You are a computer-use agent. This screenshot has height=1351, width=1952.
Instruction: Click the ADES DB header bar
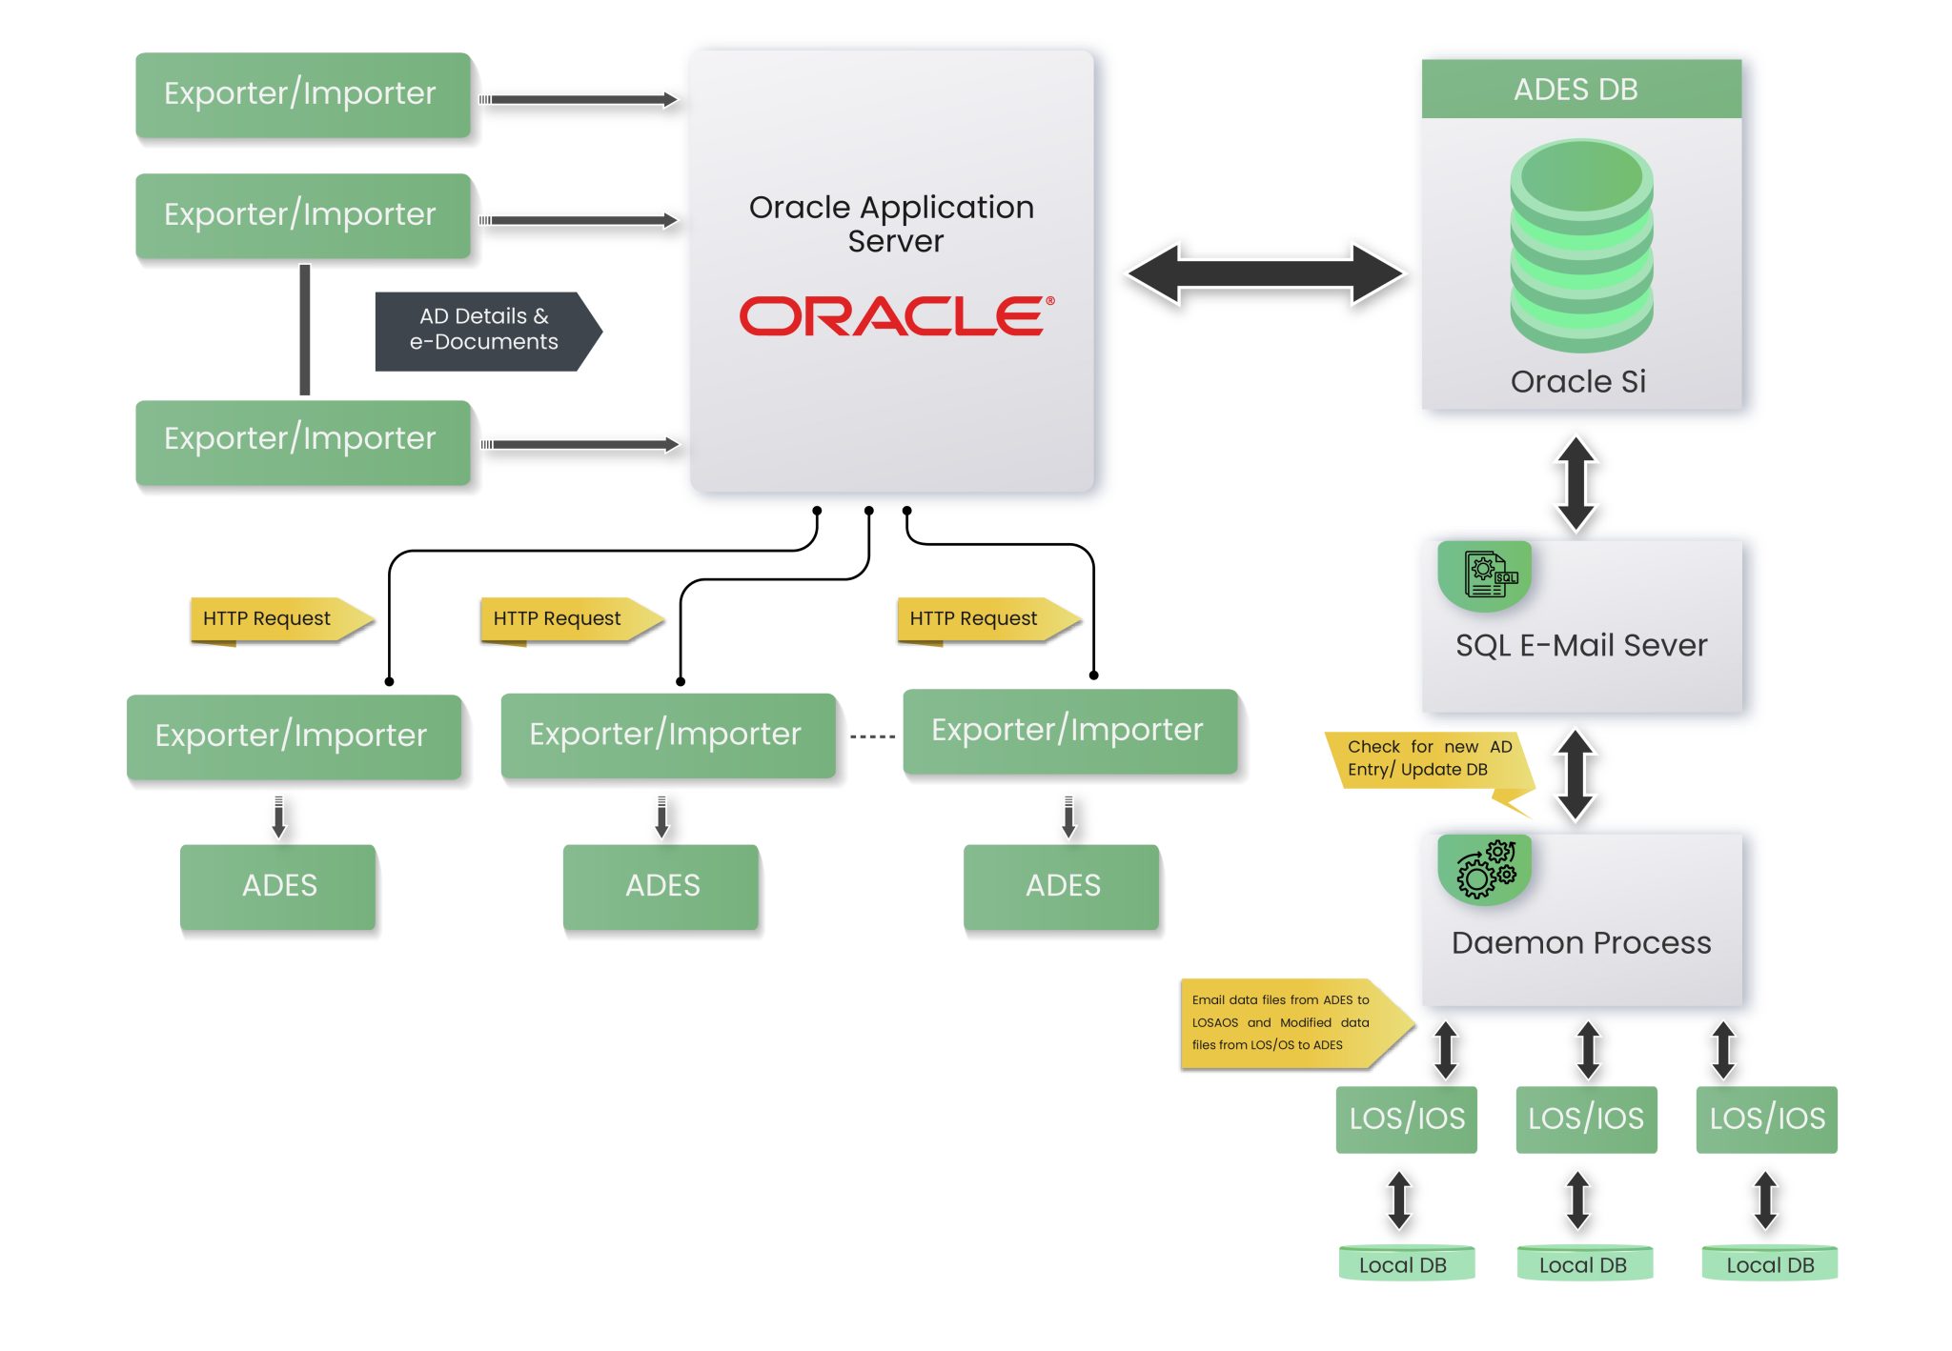(x=1580, y=90)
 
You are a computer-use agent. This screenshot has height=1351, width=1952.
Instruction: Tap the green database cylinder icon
(x=1580, y=246)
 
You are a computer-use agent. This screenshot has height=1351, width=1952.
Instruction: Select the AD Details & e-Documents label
(x=484, y=330)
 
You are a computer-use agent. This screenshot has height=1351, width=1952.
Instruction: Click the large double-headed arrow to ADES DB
(x=1265, y=274)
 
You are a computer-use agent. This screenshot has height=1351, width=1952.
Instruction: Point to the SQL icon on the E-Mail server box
(x=1485, y=575)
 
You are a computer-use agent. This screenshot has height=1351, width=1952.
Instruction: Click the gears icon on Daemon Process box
(x=1485, y=868)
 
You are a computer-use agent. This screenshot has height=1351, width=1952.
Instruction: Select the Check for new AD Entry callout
(x=1428, y=760)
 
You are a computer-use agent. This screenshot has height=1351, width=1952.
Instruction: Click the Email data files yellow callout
(x=1287, y=1023)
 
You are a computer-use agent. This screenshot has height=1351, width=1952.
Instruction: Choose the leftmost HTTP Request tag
(x=273, y=619)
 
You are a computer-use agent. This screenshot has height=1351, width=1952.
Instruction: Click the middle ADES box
(x=661, y=886)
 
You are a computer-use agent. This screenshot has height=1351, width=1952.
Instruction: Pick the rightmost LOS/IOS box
(x=1766, y=1119)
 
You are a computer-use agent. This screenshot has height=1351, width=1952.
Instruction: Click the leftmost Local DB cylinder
(x=1405, y=1264)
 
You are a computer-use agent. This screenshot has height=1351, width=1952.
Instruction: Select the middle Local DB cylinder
(x=1584, y=1264)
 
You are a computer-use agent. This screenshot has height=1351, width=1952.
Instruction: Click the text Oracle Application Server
(x=892, y=224)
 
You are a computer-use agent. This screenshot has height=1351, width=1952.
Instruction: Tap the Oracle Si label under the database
(x=1578, y=382)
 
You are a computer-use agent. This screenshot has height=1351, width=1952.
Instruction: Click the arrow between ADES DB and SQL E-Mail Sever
(x=1576, y=483)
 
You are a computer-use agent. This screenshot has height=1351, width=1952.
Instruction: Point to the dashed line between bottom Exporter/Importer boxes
(x=871, y=736)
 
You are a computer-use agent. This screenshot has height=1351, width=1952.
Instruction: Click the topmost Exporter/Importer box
(x=302, y=94)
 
